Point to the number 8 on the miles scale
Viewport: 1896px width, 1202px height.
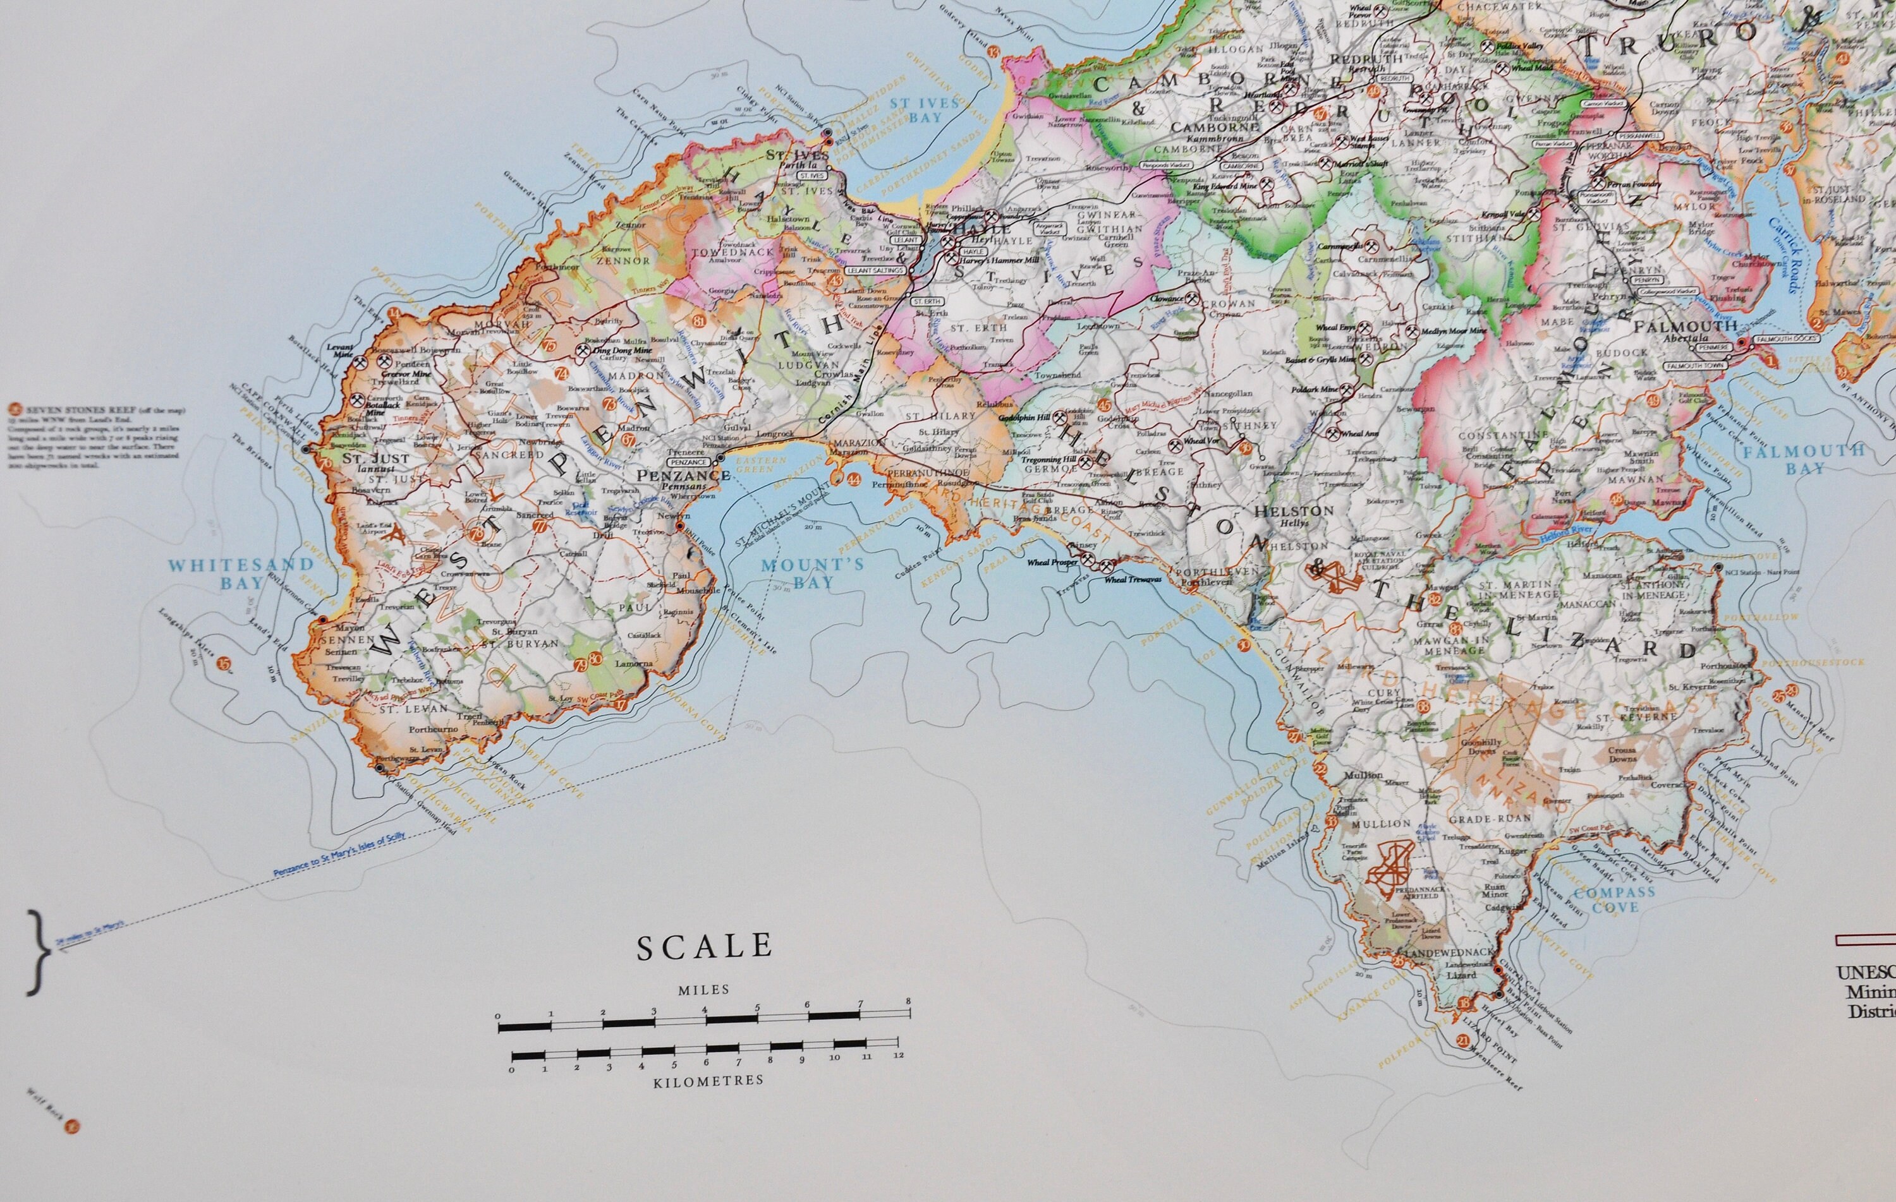tap(909, 1024)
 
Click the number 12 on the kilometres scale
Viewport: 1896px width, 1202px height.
tap(899, 1055)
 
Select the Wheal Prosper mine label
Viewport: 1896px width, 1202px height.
tap(1050, 563)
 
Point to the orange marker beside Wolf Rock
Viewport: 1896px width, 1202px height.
tap(73, 1126)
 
